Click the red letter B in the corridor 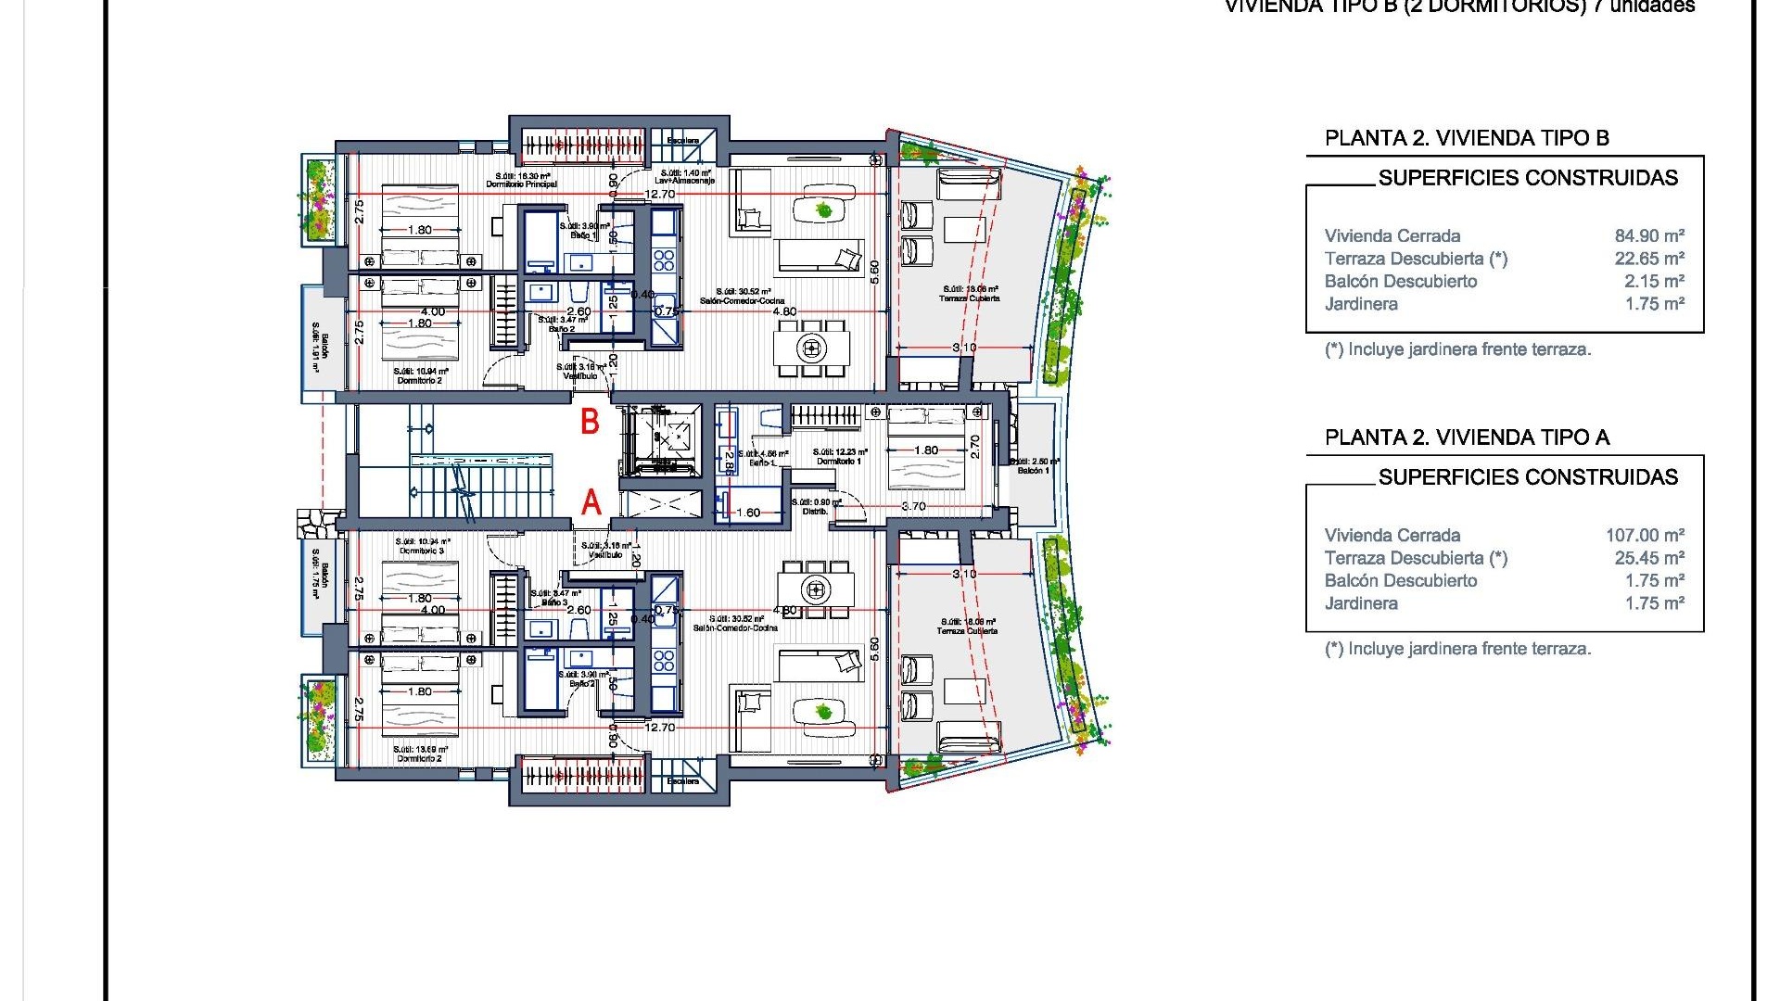(590, 422)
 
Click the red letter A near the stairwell (591, 503)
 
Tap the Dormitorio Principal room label (522, 184)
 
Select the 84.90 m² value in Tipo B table (1649, 236)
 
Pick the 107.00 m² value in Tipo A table (1645, 536)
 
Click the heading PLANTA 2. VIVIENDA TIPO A (1467, 437)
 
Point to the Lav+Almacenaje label (686, 181)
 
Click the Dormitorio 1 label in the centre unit (839, 461)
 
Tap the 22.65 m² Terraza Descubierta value (1649, 259)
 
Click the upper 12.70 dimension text (660, 195)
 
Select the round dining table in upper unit (812, 348)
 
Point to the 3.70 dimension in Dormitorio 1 (914, 506)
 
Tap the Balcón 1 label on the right (1034, 470)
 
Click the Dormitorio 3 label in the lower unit (422, 551)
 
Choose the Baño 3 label (554, 602)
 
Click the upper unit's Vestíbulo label (580, 376)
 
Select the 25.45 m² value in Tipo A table (1649, 558)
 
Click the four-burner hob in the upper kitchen (664, 259)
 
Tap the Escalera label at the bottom (683, 781)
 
